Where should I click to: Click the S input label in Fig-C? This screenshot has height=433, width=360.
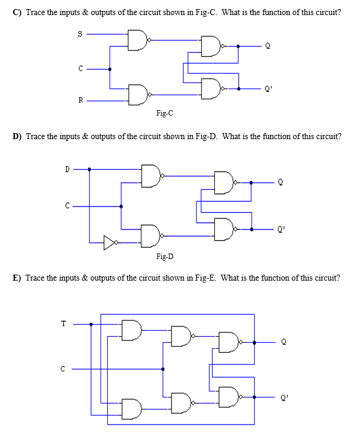(x=80, y=35)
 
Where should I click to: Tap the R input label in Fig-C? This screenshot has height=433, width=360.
(x=80, y=101)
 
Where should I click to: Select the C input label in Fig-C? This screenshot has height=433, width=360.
(x=80, y=69)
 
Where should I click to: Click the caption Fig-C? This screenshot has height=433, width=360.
(x=165, y=113)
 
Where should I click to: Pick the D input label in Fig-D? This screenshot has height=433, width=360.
(x=68, y=169)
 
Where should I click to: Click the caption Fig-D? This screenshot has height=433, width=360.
(x=165, y=257)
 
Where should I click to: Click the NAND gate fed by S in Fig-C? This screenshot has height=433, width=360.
(x=138, y=40)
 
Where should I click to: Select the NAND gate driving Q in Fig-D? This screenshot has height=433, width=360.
(x=224, y=182)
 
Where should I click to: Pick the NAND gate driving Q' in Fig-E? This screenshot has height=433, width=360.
(x=230, y=396)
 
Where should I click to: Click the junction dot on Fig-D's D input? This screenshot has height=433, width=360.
(x=90, y=169)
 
